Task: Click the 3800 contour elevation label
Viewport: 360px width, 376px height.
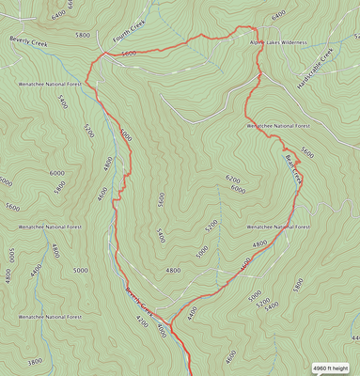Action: (35, 361)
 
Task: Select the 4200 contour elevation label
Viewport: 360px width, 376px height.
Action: (141, 321)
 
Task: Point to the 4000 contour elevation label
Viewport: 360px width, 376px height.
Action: (163, 328)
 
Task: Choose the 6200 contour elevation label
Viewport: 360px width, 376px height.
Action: (234, 178)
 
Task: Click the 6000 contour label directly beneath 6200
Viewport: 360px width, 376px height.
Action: (237, 189)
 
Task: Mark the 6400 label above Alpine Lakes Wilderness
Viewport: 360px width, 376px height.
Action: (278, 16)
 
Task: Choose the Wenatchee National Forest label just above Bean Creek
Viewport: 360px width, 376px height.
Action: (279, 125)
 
